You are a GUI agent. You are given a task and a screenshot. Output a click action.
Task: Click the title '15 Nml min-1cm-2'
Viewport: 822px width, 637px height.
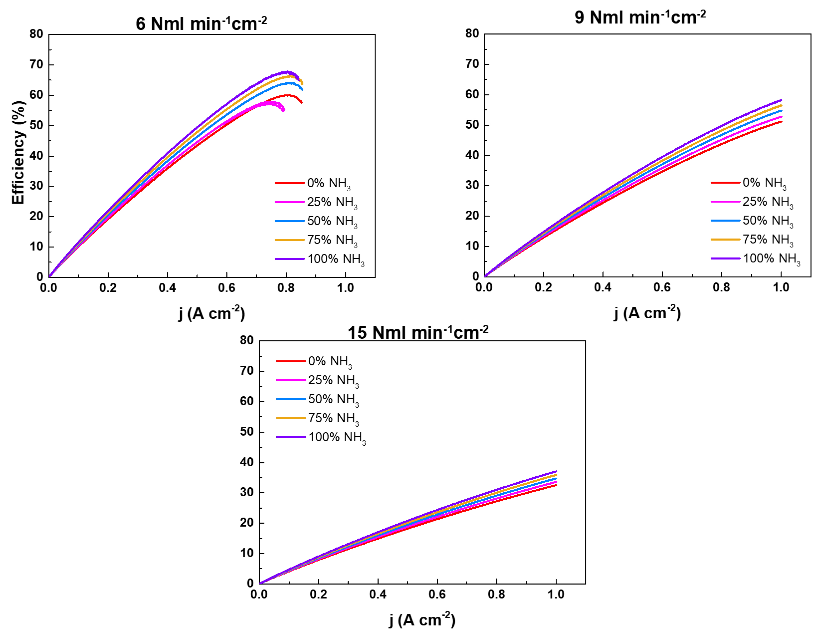418,332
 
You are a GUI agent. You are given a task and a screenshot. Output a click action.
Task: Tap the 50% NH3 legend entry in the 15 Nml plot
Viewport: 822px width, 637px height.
318,399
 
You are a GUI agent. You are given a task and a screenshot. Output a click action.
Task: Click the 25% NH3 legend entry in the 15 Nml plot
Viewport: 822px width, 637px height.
318,380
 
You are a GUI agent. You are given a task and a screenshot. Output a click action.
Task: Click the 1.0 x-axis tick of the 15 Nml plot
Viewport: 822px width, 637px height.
556,595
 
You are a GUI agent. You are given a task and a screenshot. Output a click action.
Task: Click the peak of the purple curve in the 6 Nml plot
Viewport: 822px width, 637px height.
288,72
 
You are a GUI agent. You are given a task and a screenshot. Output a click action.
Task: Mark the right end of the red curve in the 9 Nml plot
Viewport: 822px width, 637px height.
781,121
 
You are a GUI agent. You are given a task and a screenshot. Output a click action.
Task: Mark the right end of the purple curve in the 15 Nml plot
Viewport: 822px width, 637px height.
556,471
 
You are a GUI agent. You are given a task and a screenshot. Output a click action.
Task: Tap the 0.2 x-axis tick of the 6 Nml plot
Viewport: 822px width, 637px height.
108,288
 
